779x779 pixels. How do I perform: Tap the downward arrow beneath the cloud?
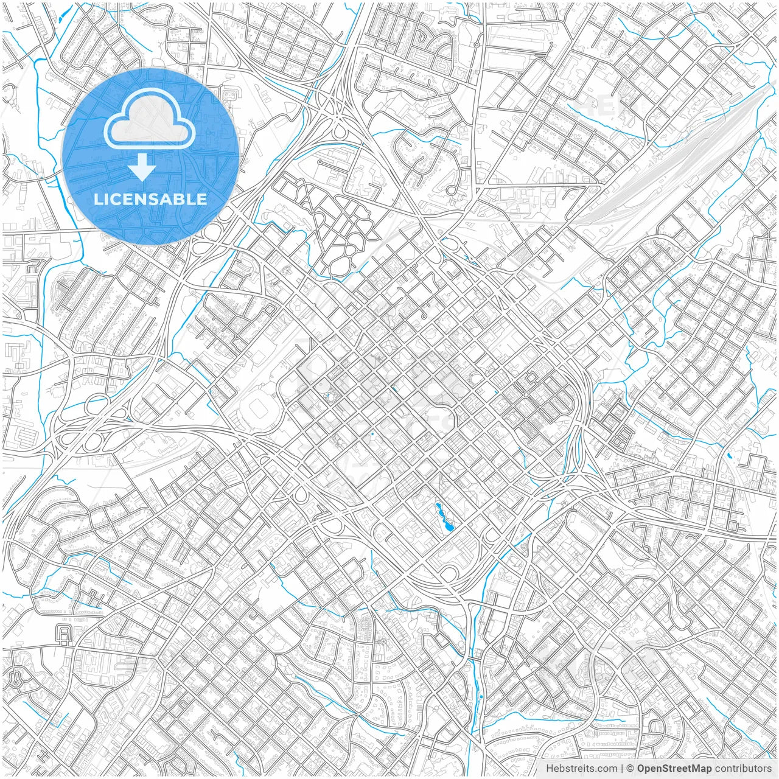pyautogui.click(x=142, y=167)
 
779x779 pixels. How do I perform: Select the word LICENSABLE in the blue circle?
pyautogui.click(x=150, y=199)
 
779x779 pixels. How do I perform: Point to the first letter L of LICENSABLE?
pyautogui.click(x=97, y=199)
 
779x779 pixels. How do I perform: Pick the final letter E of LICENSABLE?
pyautogui.click(x=201, y=199)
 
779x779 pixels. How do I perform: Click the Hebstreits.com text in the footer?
pyautogui.click(x=581, y=769)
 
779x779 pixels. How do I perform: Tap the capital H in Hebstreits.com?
pyautogui.click(x=549, y=769)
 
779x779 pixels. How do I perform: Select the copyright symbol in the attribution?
pyautogui.click(x=631, y=769)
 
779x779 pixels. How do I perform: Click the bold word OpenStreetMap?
pyautogui.click(x=674, y=769)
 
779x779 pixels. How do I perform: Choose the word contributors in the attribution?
pyautogui.click(x=743, y=769)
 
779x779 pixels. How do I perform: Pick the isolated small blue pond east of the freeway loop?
pyautogui.click(x=729, y=455)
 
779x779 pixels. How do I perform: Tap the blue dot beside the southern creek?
pyautogui.click(x=481, y=696)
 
